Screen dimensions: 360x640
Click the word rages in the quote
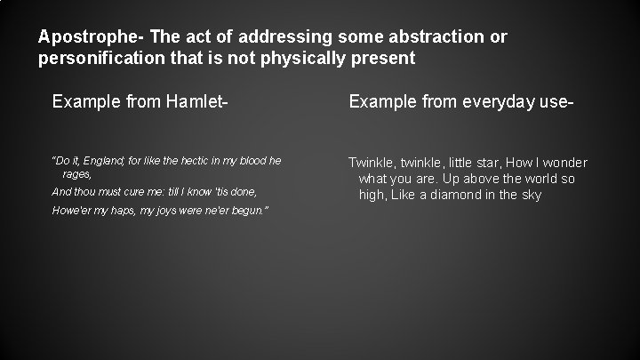(76, 175)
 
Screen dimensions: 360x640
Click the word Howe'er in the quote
(71, 210)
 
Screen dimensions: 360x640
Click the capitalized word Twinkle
(371, 163)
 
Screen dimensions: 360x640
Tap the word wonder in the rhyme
(566, 163)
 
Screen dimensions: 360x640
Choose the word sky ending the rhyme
(531, 195)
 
